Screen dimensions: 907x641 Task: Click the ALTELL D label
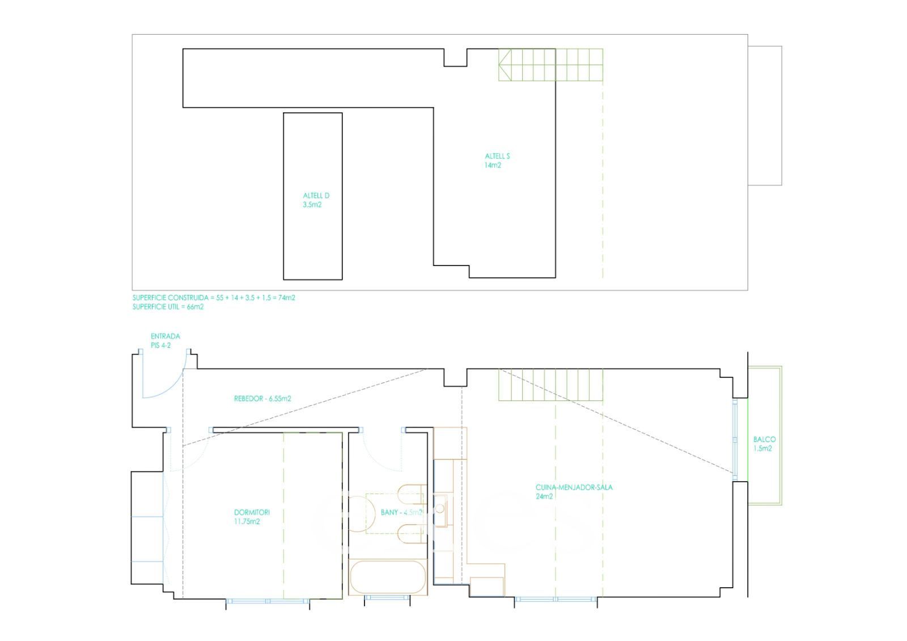click(316, 196)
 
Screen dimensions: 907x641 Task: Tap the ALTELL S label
click(497, 156)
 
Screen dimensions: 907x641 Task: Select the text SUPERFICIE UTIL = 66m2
click(168, 307)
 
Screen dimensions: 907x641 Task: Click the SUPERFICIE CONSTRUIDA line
click(214, 297)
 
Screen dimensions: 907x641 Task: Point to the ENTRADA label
click(165, 336)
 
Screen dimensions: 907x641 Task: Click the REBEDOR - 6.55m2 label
click(262, 399)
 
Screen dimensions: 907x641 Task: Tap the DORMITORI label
click(252, 512)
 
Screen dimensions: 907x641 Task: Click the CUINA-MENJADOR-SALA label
click(574, 487)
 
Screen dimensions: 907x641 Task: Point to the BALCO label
click(765, 439)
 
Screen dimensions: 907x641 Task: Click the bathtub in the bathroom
click(388, 577)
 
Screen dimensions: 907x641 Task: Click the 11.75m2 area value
click(247, 521)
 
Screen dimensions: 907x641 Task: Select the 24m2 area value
click(544, 497)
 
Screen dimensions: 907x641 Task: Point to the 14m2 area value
click(493, 165)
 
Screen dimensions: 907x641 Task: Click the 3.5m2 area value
click(312, 205)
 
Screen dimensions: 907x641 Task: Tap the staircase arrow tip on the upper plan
click(499, 65)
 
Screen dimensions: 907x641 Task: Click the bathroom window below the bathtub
click(387, 598)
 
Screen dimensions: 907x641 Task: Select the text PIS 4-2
click(161, 345)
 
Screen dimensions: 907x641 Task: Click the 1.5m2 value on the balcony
click(762, 449)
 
